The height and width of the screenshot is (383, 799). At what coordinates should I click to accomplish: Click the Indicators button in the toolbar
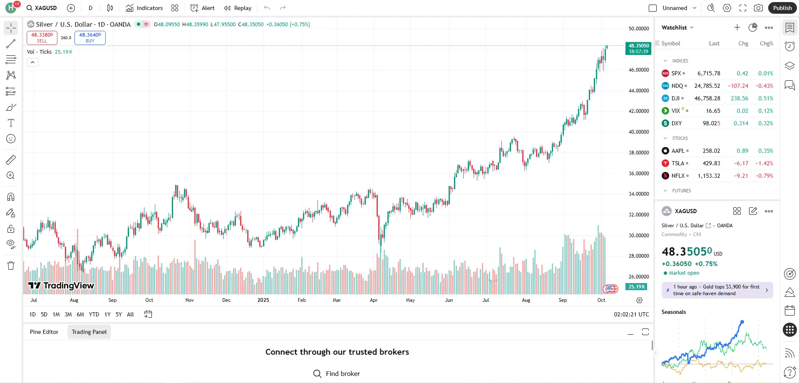coord(144,8)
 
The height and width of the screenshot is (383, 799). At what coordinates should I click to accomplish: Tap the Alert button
coord(203,8)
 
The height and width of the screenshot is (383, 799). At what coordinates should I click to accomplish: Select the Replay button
coord(238,8)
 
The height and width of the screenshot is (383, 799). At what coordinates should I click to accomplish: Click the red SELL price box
coord(42,37)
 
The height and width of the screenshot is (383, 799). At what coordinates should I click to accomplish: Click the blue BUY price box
coord(90,37)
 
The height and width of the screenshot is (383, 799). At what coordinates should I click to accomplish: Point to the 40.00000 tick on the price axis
coord(638,132)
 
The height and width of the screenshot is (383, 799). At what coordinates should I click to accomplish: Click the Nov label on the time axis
coord(189,300)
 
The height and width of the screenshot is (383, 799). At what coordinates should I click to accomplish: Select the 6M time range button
coord(80,314)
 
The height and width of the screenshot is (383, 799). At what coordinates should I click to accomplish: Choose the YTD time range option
coord(94,314)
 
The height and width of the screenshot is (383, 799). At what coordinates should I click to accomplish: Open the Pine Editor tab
coord(44,332)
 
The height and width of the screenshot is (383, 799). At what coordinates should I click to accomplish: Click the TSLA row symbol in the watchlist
coord(677,163)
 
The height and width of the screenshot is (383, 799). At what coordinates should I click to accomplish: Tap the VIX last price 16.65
coord(713,111)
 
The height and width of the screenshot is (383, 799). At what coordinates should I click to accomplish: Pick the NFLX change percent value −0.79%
coord(764,176)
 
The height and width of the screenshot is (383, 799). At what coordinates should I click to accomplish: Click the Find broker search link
coord(337,373)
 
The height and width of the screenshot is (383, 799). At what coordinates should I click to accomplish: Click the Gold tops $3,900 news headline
coord(717,290)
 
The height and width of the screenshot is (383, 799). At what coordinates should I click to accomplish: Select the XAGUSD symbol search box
coord(42,8)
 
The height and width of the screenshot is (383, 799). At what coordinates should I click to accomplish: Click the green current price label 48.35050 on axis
coord(638,48)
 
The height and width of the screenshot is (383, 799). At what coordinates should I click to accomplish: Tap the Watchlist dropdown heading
coord(677,27)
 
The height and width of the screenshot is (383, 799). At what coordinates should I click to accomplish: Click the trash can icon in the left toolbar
coord(11,266)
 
